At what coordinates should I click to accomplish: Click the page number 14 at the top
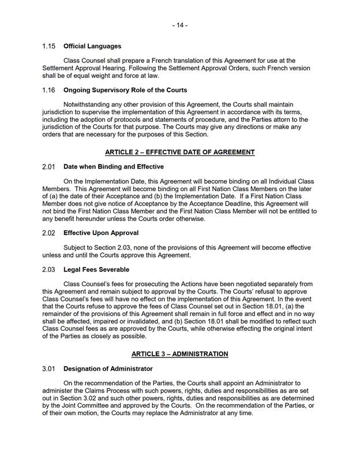[179, 25]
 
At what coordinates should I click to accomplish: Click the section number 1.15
[48, 46]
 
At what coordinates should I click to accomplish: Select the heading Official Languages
[92, 46]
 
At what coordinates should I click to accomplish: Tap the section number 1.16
[48, 90]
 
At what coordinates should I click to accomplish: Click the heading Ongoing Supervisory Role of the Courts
[125, 90]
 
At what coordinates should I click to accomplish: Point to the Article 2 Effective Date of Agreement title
[179, 152]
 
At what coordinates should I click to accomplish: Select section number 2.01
[48, 167]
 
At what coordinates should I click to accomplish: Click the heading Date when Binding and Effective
[114, 167]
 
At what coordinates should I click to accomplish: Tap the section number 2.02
[48, 233]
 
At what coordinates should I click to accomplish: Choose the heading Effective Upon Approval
[101, 233]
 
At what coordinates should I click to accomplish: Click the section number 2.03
[48, 269]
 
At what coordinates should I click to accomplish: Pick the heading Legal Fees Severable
[96, 269]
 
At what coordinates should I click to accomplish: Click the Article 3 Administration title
[179, 353]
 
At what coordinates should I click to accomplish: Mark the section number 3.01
[48, 368]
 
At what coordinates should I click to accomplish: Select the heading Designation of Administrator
[108, 368]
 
